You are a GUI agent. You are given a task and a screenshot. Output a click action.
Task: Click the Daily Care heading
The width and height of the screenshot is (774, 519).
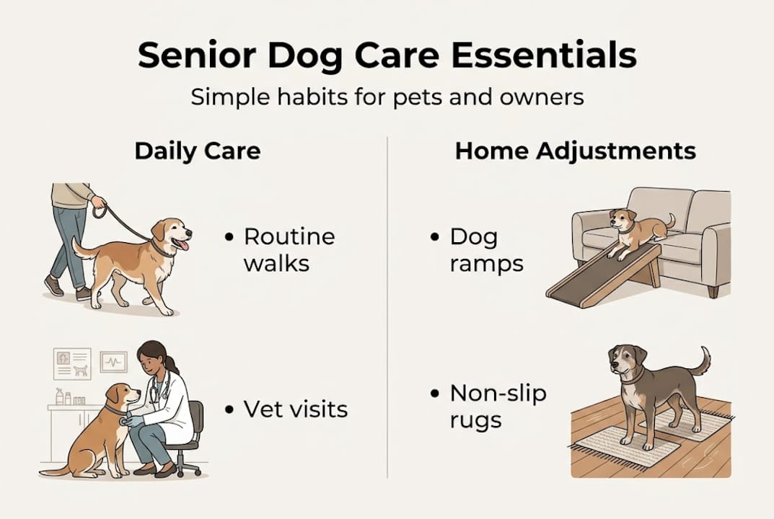[197, 151]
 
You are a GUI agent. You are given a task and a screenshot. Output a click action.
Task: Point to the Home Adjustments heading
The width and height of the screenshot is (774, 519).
[575, 151]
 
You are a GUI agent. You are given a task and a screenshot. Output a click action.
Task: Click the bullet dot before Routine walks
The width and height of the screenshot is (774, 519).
[229, 237]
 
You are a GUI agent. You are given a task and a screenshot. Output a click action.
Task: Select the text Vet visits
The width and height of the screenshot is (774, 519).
[296, 409]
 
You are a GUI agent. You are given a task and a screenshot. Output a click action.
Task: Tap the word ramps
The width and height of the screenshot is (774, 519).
[486, 264]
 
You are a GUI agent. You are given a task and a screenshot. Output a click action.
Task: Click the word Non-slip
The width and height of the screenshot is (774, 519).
[498, 394]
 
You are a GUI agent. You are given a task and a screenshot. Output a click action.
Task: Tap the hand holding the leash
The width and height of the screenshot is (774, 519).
[98, 203]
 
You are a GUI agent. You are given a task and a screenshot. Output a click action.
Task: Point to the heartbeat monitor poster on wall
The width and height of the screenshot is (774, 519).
[113, 361]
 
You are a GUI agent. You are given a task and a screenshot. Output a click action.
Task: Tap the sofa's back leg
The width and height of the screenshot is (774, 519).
[713, 291]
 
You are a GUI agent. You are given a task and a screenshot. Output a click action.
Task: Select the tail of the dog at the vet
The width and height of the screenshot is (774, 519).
[54, 471]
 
